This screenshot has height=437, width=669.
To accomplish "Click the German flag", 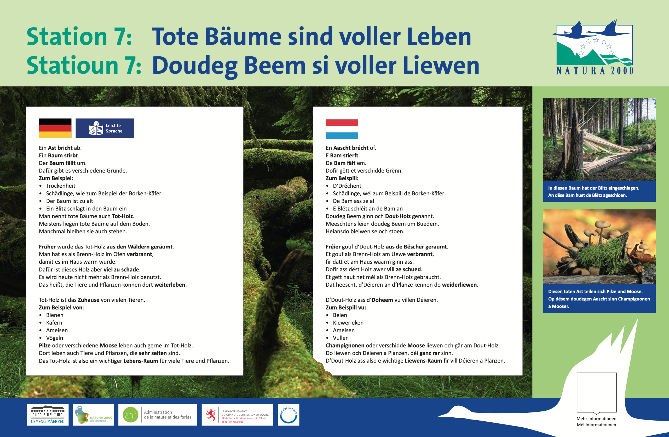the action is [55, 128].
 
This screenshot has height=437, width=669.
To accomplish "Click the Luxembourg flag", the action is [342, 129].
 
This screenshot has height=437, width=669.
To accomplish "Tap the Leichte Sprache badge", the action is [105, 128].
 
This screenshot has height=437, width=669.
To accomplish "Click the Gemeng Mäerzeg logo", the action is [48, 415].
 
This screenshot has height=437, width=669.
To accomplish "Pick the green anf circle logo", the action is [130, 415].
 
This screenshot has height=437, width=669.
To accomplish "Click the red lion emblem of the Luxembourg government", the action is [211, 415].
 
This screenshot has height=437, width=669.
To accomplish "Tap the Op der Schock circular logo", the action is [289, 415].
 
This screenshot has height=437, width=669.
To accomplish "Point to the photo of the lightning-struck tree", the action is [599, 139].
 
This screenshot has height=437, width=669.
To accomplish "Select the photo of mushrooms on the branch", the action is [599, 247].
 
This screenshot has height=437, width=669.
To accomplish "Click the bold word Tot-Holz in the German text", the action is [123, 216].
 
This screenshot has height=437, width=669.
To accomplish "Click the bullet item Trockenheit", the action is [61, 186].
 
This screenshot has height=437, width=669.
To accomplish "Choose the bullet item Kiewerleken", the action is [348, 323].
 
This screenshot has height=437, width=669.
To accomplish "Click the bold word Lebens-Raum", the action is [141, 361].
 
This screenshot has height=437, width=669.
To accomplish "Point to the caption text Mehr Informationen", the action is [596, 419].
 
